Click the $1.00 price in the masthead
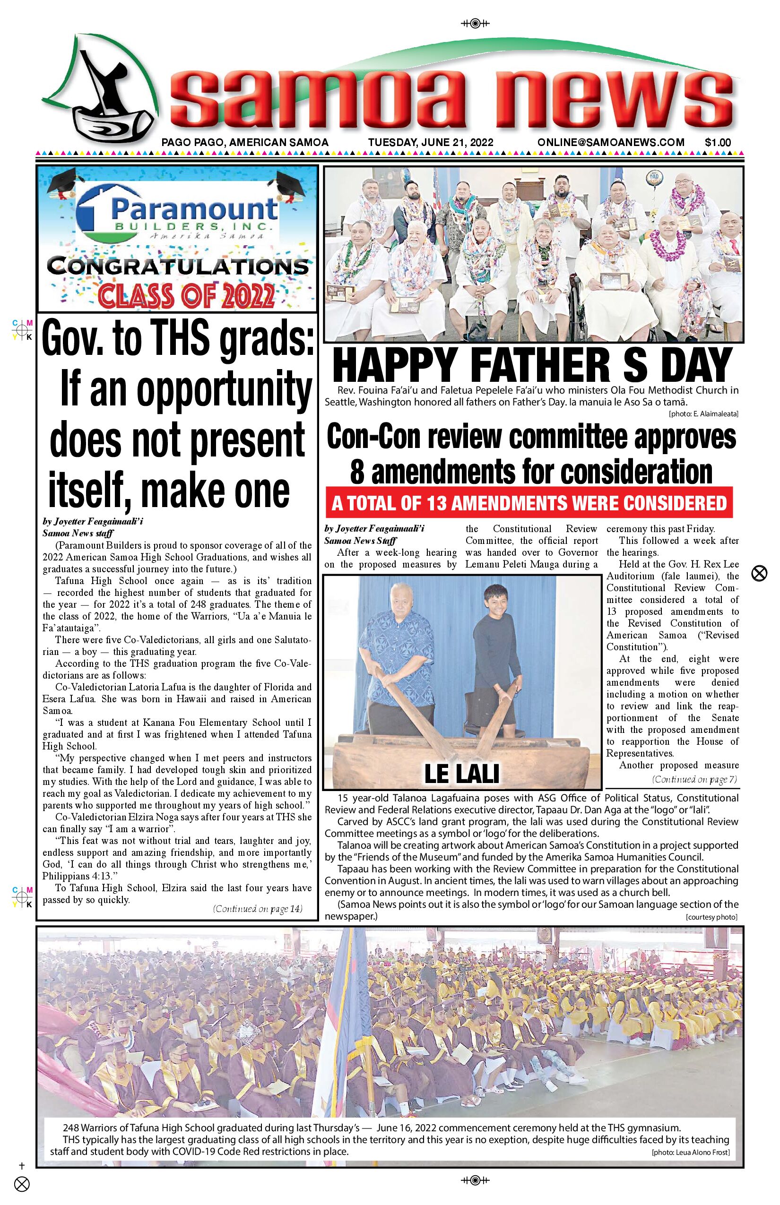[718, 143]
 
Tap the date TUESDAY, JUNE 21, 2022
[431, 143]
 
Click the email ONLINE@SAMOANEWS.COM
[611, 143]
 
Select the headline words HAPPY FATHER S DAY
[533, 366]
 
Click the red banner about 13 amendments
[529, 503]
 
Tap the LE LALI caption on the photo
[461, 773]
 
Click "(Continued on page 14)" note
[258, 908]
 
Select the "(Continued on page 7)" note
[694, 779]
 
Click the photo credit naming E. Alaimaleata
[703, 414]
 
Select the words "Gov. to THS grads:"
[177, 339]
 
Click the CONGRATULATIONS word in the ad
[177, 267]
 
